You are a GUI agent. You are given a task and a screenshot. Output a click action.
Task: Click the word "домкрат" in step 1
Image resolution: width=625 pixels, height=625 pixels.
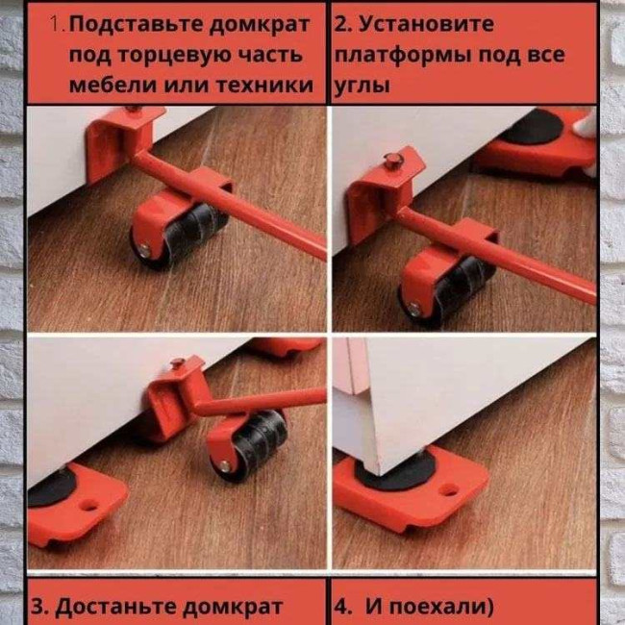click(x=259, y=25)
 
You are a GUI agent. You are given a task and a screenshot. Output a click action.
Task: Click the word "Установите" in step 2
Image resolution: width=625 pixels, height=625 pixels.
click(x=426, y=24)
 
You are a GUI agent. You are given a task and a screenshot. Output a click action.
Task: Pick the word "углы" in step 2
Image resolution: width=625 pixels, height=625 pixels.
click(x=362, y=86)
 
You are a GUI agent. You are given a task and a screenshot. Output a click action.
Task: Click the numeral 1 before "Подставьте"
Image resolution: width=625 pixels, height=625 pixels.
click(x=57, y=25)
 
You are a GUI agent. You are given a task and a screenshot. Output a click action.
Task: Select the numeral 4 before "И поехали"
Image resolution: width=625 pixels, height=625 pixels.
click(x=341, y=607)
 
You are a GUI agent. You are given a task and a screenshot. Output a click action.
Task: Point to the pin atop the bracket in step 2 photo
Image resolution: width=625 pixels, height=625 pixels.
click(x=393, y=161)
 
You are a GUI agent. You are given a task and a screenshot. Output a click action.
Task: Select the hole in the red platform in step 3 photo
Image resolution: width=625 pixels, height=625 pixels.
click(x=88, y=506)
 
